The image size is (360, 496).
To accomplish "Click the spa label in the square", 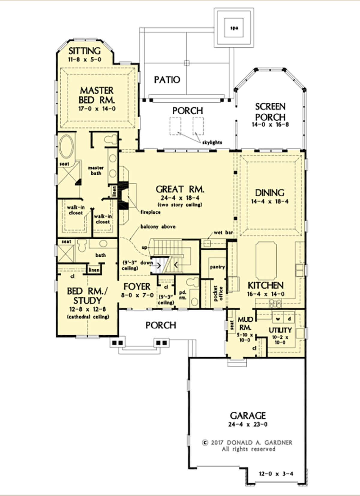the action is click(x=234, y=28).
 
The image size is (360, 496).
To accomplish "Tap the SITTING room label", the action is click(x=85, y=51).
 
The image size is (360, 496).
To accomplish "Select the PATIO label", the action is click(x=167, y=80).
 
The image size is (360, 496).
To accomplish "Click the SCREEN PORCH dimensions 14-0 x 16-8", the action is click(x=270, y=124).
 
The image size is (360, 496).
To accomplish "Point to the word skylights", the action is click(x=212, y=142).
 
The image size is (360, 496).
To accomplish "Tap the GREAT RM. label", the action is click(x=180, y=189).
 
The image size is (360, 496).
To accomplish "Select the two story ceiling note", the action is click(x=180, y=204).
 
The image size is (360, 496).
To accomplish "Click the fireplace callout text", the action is click(x=151, y=212).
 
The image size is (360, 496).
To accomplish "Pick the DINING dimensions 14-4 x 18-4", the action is click(x=270, y=201).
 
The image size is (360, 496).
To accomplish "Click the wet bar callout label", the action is click(x=223, y=233).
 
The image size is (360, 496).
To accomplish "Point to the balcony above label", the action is click(x=158, y=226).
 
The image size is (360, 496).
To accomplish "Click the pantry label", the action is click(x=217, y=267).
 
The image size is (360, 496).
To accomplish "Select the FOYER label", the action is click(x=137, y=286).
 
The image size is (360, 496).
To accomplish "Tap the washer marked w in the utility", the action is click(x=278, y=319).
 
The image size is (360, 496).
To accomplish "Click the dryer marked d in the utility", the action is click(x=289, y=319).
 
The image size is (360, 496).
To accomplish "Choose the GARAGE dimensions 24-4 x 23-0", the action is click(x=248, y=425).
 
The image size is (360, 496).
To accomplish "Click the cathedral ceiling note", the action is click(x=88, y=317).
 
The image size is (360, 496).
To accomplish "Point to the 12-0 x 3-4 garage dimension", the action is click(x=276, y=474).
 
